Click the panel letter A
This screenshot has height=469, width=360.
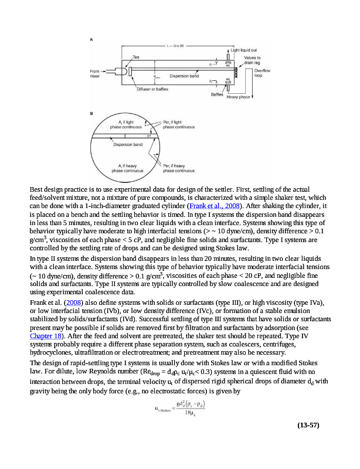pos(91,39)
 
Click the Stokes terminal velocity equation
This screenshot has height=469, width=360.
pos(183,407)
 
